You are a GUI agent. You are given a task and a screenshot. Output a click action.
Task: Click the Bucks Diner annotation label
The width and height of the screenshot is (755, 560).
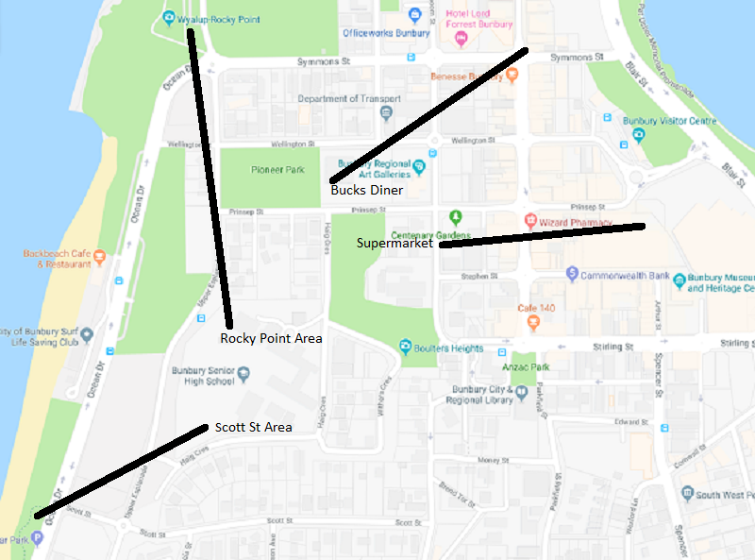point(366,191)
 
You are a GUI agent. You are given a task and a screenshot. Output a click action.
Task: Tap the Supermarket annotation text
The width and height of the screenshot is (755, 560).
point(394,243)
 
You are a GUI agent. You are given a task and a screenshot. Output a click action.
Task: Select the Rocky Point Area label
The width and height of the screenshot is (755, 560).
point(271,338)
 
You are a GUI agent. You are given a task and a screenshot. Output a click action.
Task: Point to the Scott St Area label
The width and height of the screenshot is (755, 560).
point(253,428)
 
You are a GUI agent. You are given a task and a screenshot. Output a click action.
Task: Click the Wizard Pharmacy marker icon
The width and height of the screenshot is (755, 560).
point(531,221)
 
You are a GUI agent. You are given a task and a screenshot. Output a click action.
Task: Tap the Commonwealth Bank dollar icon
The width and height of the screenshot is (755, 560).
point(571,274)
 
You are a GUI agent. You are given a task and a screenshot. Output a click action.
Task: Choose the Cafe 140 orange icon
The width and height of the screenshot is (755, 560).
point(533,322)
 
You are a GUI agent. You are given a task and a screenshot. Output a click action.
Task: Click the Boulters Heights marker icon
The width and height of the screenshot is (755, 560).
point(405,348)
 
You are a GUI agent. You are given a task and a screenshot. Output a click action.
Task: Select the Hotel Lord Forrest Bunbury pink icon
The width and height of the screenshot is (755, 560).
point(461,39)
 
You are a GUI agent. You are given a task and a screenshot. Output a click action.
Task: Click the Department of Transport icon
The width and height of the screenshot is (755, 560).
point(386,113)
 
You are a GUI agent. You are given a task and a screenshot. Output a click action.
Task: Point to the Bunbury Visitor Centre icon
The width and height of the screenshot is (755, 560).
point(639,135)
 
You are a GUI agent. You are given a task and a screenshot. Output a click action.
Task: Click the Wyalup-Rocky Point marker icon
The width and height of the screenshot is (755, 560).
point(168,18)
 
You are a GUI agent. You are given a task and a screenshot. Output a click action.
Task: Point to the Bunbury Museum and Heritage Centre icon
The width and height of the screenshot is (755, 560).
point(679,281)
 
